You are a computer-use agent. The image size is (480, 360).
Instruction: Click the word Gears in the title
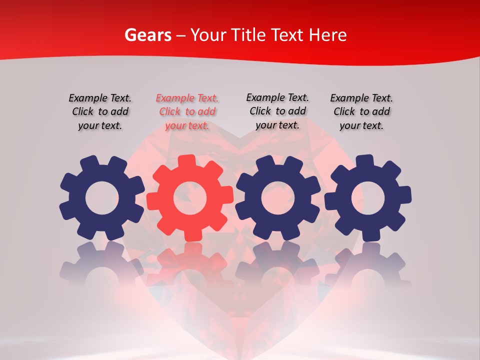(x=148, y=35)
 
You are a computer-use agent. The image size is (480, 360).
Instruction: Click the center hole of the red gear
(x=190, y=198)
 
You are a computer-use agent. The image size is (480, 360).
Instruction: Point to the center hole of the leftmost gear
(x=102, y=198)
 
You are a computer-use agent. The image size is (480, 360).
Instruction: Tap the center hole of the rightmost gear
(x=368, y=198)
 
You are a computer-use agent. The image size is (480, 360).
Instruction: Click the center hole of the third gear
(x=278, y=198)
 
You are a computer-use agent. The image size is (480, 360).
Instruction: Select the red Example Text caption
(x=187, y=111)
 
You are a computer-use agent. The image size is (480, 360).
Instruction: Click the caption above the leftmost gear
(x=100, y=111)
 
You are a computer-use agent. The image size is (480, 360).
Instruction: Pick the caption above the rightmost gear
(x=361, y=111)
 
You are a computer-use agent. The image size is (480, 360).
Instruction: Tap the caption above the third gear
(x=277, y=111)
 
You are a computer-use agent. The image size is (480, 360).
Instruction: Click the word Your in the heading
(x=208, y=35)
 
